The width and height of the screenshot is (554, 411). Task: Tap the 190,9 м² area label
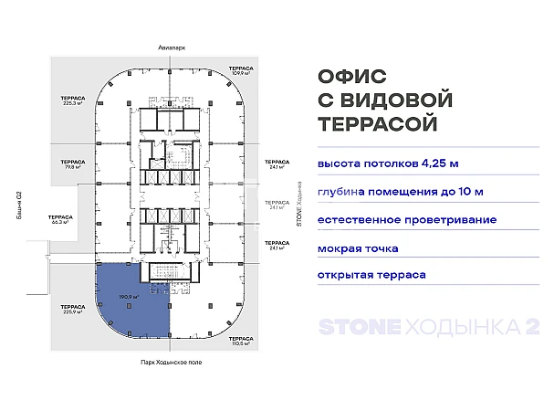pyautogui.click(x=128, y=298)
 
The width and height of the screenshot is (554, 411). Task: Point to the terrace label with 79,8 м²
pyautogui.click(x=73, y=164)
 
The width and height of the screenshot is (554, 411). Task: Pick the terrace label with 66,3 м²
pyautogui.click(x=62, y=219)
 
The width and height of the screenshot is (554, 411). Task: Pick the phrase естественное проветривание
pyautogui.click(x=407, y=220)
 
